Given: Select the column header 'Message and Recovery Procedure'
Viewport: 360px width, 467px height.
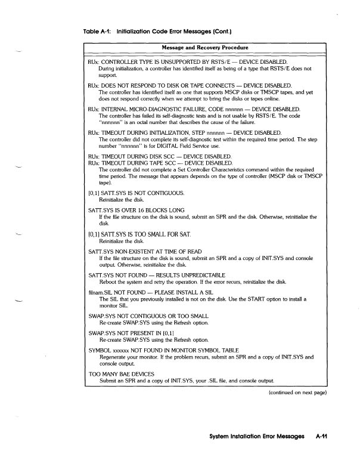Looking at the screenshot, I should click(205, 47).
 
